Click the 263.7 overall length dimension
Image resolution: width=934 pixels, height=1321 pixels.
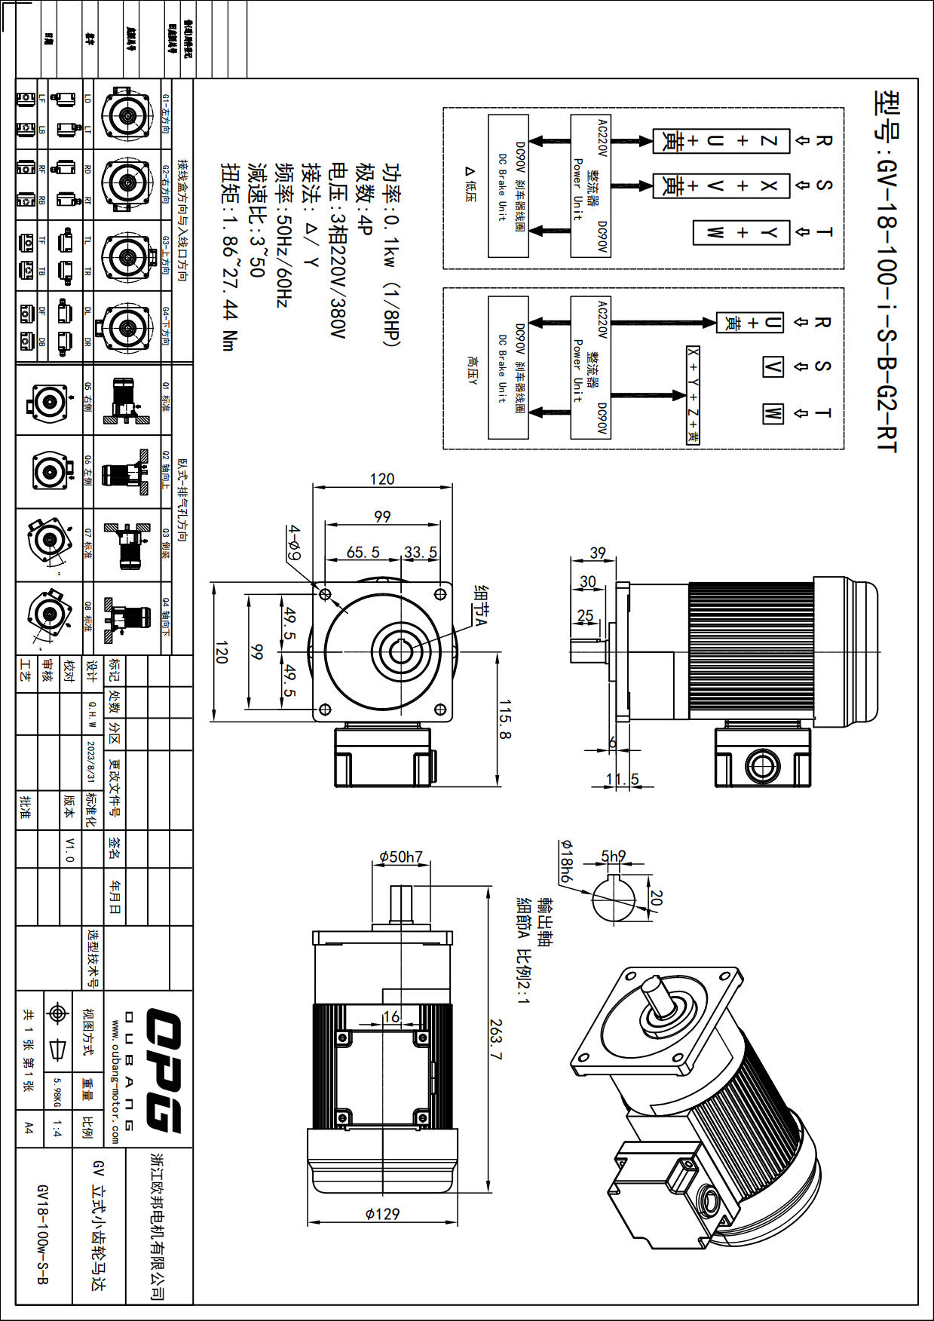pyautogui.click(x=495, y=1041)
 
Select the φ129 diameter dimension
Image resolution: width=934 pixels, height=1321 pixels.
pyautogui.click(x=382, y=1214)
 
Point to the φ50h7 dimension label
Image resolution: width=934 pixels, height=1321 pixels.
pyautogui.click(x=400, y=857)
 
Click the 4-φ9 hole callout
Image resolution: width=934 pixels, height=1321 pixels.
pyautogui.click(x=294, y=542)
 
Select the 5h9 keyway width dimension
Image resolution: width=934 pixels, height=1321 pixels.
pyautogui.click(x=613, y=857)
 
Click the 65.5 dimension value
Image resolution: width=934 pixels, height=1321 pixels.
pyautogui.click(x=363, y=553)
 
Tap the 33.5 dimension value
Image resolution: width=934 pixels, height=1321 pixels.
pyautogui.click(x=420, y=553)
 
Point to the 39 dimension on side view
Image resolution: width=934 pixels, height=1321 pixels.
pyautogui.click(x=598, y=553)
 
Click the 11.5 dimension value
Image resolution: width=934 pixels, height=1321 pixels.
pyautogui.click(x=622, y=780)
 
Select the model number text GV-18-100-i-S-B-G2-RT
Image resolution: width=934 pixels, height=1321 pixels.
pyautogui.click(x=887, y=271)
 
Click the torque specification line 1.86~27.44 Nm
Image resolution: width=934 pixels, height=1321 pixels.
pyautogui.click(x=229, y=256)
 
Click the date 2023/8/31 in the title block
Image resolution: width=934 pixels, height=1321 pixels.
pyautogui.click(x=91, y=762)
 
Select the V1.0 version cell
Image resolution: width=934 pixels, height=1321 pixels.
pyautogui.click(x=70, y=849)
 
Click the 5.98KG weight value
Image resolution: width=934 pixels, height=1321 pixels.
pyautogui.click(x=57, y=1091)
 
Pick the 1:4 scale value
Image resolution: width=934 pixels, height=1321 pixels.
pyautogui.click(x=57, y=1129)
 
